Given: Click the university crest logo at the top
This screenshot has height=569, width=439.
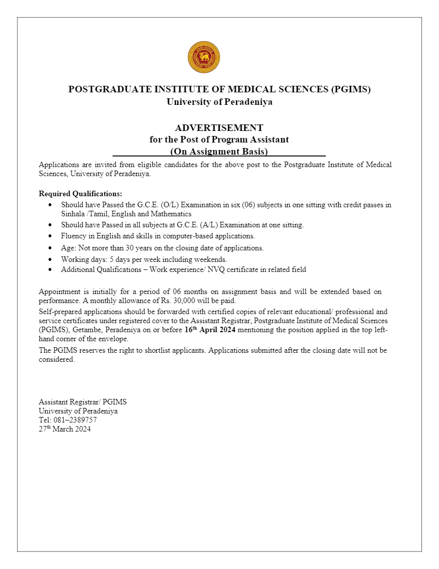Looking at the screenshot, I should (x=203, y=57).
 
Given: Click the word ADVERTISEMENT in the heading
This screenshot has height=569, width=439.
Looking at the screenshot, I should (x=219, y=128).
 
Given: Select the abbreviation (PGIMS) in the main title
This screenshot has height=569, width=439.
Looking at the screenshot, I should (x=351, y=89).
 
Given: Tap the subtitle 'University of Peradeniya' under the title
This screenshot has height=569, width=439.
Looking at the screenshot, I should (x=220, y=102).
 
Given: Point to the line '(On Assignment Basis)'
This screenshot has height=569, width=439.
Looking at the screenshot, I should (x=219, y=151).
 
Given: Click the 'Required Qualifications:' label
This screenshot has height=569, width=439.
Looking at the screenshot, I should (x=80, y=194).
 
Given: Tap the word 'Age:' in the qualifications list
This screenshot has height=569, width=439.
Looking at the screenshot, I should (x=68, y=248).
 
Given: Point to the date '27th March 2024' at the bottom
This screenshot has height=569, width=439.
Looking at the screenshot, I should (x=65, y=429).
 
